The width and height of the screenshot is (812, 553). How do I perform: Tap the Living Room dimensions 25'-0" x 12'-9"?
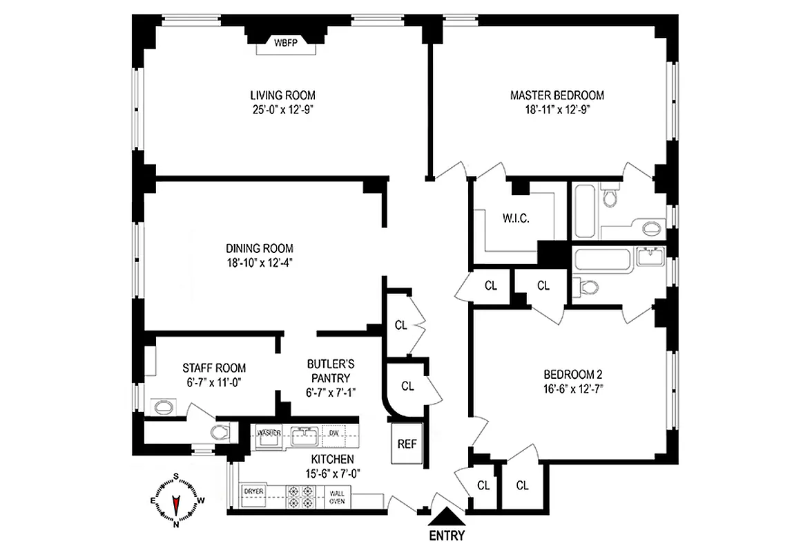coord(287,109)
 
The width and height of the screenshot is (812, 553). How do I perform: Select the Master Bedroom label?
coord(557,95)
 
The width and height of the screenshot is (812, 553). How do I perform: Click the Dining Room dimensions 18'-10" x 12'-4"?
coord(260,262)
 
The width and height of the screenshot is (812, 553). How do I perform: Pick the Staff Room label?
coord(213,368)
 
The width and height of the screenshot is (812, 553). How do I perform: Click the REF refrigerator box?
coord(407,443)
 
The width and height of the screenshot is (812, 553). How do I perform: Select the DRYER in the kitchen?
coord(253,491)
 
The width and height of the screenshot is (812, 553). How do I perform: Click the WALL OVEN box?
coord(337,497)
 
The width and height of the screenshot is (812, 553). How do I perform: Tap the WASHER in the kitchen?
coord(269,433)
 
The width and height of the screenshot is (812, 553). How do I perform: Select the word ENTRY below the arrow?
coord(447,536)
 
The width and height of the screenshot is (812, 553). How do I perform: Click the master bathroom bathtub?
coord(583,206)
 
